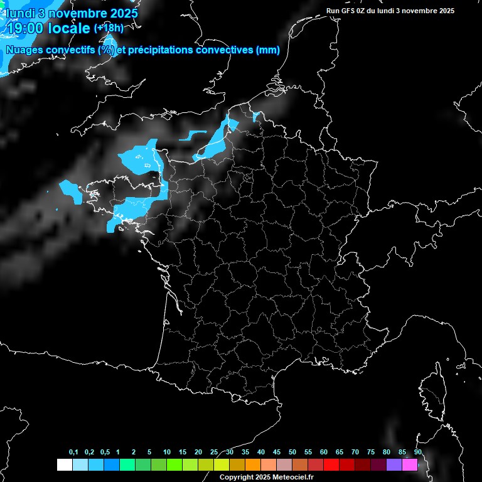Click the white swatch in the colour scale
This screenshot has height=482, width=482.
point(64,464)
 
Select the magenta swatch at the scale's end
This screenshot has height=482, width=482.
point(410,464)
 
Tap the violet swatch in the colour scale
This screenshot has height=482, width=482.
point(394,464)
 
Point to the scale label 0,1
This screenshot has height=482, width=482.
point(73,453)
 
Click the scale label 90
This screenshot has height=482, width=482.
point(418,453)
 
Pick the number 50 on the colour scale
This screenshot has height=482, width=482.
point(292,453)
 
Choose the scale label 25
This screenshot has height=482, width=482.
point(214,453)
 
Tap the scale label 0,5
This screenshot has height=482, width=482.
point(105,453)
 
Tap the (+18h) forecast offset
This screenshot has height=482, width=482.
point(109,28)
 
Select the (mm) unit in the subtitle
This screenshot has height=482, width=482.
point(268,50)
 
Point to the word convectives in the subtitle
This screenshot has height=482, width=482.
point(226,50)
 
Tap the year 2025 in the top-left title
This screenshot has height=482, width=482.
point(120,13)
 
